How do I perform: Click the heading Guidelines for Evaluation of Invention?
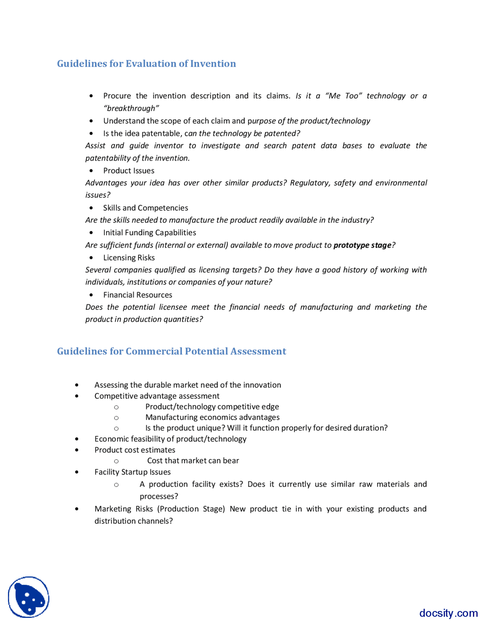pos(146,64)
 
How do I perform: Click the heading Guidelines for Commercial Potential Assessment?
pos(171,351)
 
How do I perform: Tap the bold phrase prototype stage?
pos(362,245)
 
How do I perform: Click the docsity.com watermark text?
pos(448,613)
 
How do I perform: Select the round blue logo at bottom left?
pos(29,597)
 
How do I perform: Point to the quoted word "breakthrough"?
pos(131,109)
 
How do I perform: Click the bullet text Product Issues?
pos(129,171)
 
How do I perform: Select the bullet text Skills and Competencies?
pos(145,208)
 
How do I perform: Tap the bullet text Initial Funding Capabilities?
pos(149,233)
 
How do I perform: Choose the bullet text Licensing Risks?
pos(129,258)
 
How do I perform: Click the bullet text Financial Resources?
pos(137,295)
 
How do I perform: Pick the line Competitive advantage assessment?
pos(157,396)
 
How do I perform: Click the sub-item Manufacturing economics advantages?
pos(212,417)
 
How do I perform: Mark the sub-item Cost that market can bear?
pos(193,461)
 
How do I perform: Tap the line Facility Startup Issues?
pos(132,472)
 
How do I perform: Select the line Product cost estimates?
pos(135,450)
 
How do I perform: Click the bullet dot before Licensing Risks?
pos(91,258)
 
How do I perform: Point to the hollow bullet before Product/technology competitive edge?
pos(116,407)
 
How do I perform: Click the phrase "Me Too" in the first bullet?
pos(343,96)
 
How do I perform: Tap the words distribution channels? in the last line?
pos(133,521)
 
